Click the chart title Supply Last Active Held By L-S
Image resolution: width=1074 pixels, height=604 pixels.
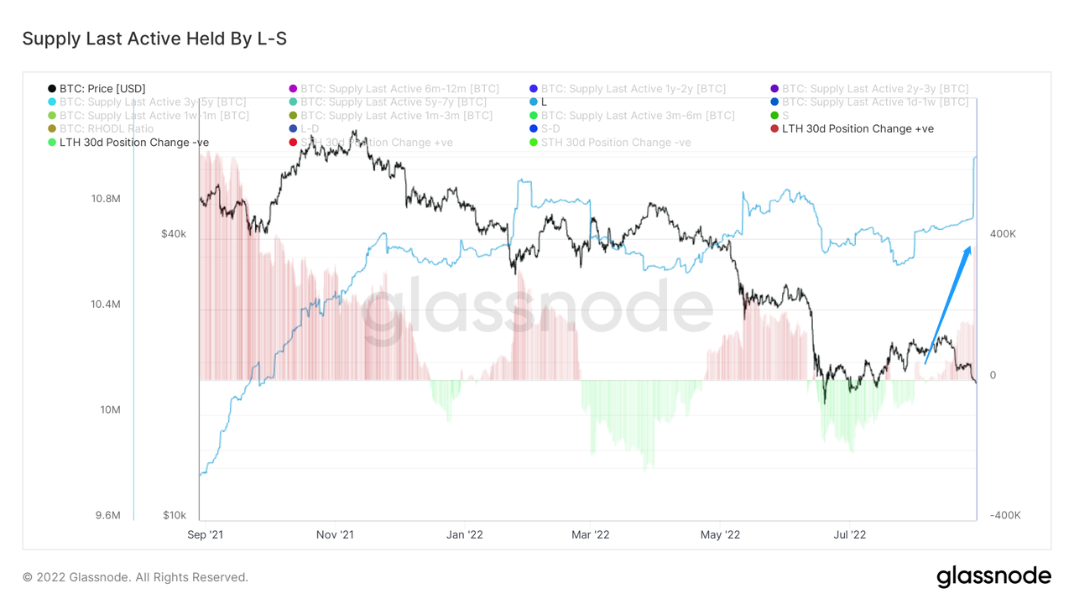[154, 39]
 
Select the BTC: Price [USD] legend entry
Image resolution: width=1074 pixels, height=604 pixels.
[102, 88]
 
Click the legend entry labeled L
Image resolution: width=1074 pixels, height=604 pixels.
[544, 102]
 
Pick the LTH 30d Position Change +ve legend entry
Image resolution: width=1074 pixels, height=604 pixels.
[857, 128]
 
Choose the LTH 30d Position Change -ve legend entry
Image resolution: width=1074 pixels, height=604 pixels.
[133, 142]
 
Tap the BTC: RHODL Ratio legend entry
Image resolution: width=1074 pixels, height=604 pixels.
[106, 128]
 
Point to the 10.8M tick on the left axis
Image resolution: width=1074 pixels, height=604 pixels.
[105, 199]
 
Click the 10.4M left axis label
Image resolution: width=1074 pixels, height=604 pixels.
[105, 305]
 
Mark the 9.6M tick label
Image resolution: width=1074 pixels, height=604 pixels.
[108, 515]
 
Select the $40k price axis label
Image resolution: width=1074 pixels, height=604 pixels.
[174, 234]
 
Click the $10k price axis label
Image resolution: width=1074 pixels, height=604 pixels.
[174, 515]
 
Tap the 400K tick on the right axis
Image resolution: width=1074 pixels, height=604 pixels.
[1003, 234]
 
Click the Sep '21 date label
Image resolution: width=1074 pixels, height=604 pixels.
[205, 534]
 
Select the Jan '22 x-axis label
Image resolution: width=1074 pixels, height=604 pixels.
[464, 534]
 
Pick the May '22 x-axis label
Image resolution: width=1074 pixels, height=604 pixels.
[720, 534]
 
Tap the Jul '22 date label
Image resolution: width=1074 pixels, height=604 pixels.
[849, 534]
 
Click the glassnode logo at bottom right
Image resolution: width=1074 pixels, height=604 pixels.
[993, 577]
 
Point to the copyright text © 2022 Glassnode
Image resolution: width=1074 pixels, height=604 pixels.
[135, 577]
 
